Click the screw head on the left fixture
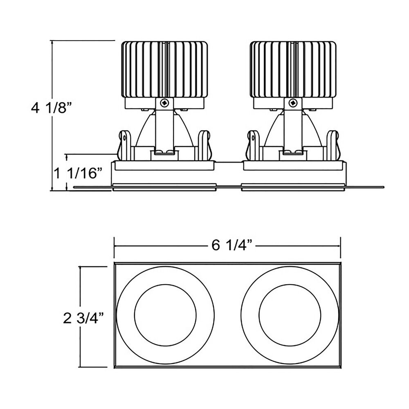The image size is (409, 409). (164, 103)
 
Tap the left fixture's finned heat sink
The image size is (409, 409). (164, 70)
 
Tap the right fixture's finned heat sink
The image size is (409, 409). (293, 70)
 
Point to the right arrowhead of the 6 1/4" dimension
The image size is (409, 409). (339, 246)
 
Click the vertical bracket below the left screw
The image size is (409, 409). (164, 130)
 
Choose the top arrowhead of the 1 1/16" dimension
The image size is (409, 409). (67, 156)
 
